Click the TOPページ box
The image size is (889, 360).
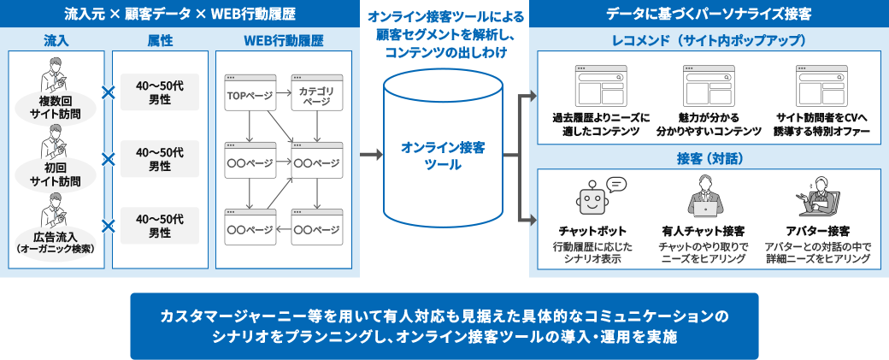click(250, 92)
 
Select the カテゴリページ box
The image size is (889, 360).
click(317, 92)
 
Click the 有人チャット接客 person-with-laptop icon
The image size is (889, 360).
click(703, 198)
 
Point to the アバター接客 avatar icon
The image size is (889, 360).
click(817, 198)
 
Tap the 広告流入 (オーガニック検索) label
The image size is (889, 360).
click(55, 241)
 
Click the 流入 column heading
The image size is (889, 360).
click(55, 40)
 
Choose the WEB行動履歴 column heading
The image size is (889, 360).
click(284, 40)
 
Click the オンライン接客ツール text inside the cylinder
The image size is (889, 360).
click(443, 156)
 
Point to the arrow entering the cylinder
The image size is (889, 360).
click(371, 154)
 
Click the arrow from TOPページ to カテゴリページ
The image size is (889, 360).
click(284, 92)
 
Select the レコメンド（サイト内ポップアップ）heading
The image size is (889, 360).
click(709, 40)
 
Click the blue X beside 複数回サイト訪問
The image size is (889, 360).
click(108, 92)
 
